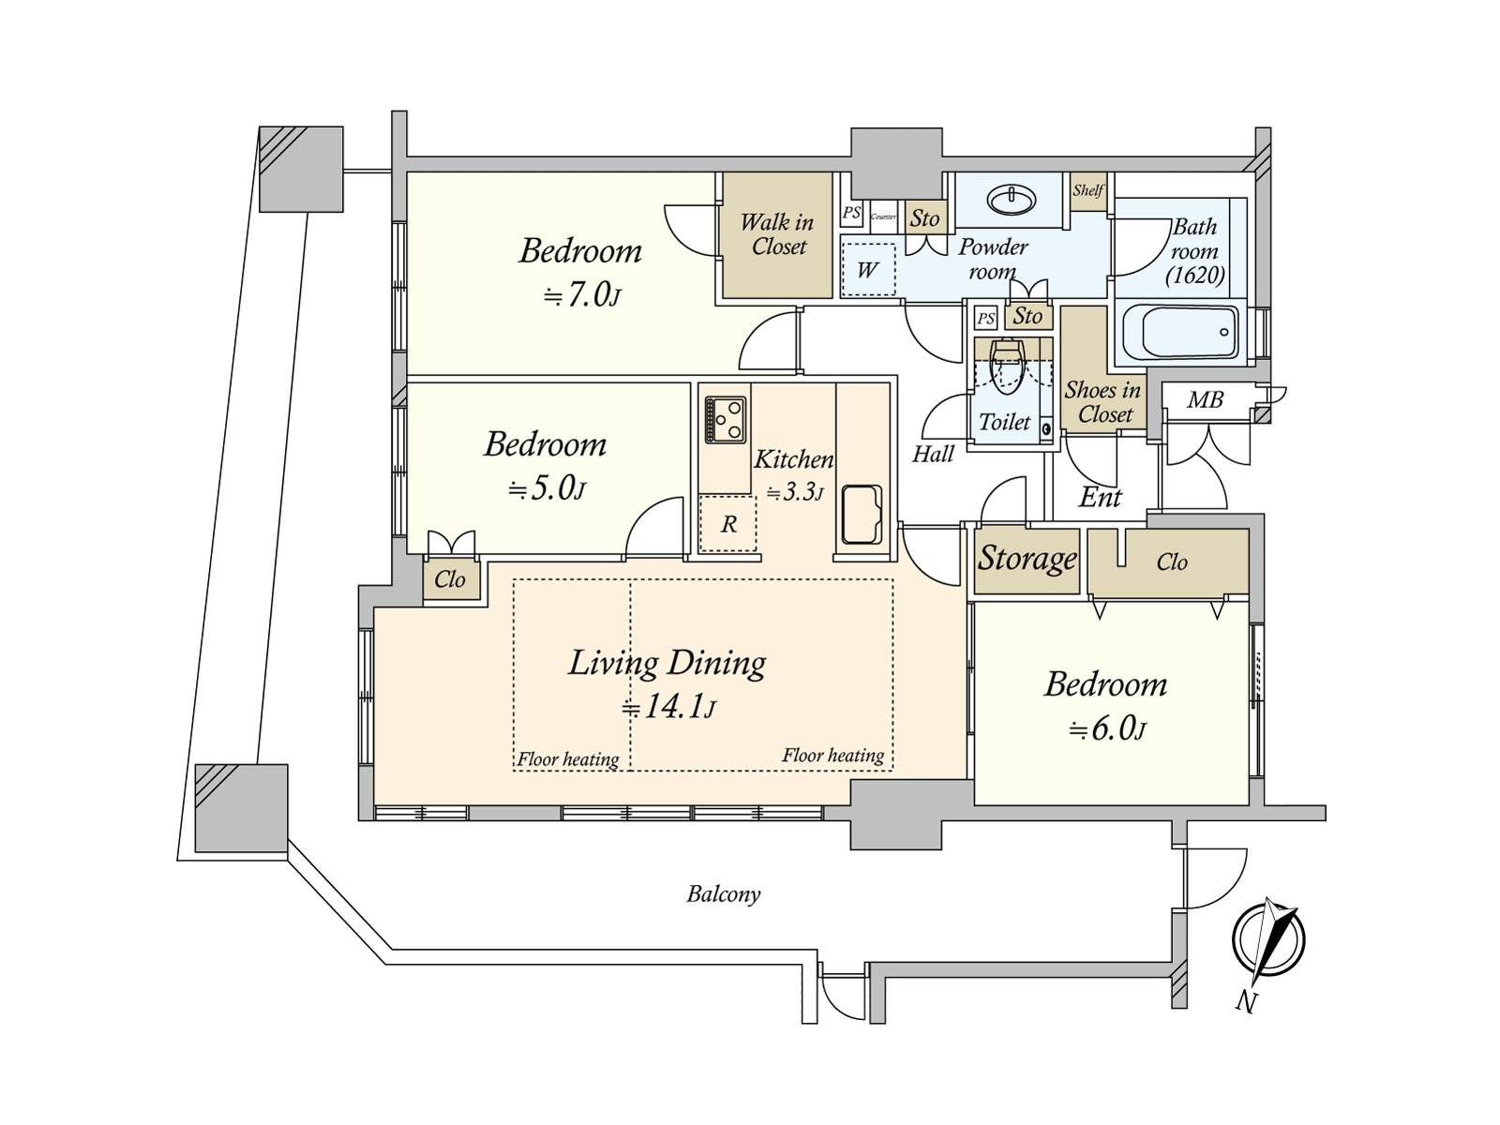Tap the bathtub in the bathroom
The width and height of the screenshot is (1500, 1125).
tap(1178, 331)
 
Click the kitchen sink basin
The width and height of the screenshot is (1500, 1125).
tap(861, 514)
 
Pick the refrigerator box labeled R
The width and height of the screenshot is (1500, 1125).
tap(728, 524)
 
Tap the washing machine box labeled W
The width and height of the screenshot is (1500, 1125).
tap(868, 270)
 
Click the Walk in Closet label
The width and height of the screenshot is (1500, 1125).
tap(777, 234)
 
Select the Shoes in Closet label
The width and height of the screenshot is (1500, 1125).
tap(1103, 402)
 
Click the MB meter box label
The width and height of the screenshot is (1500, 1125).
tap(1205, 400)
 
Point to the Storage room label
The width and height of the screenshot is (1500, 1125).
tap(1027, 559)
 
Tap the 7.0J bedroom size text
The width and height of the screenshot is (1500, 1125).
tap(582, 296)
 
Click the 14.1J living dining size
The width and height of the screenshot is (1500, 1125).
tap(668, 707)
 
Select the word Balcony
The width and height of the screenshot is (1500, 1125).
tap(723, 894)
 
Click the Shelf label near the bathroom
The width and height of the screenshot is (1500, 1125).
tap(1087, 190)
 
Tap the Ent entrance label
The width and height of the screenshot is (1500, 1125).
tap(1100, 497)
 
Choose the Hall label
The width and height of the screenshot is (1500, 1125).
tap(933, 455)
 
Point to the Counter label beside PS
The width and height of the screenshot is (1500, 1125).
tap(883, 217)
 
